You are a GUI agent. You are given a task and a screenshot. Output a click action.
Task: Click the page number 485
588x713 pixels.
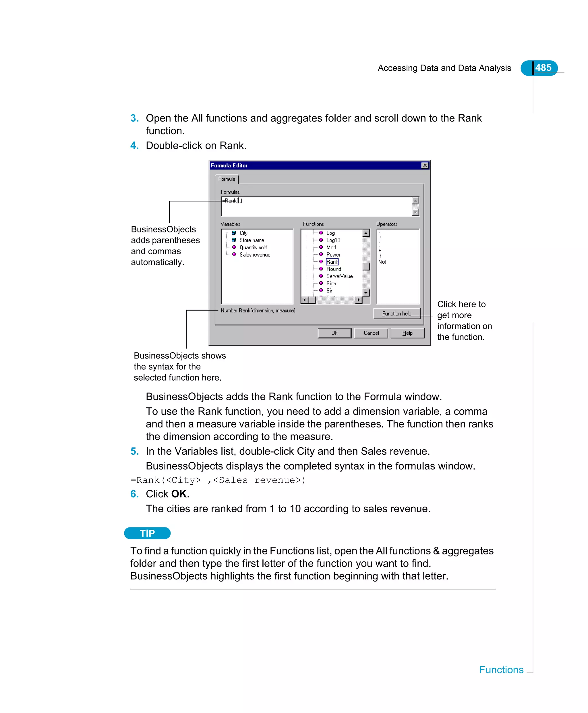pyautogui.click(x=543, y=68)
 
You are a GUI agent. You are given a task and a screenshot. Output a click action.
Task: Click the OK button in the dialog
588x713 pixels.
pyautogui.click(x=334, y=333)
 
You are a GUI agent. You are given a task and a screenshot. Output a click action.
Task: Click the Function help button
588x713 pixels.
pyautogui.click(x=396, y=313)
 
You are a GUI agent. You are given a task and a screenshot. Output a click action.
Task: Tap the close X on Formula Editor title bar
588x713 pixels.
pyautogui.click(x=425, y=165)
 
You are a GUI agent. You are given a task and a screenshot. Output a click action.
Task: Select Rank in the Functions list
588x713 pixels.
pyautogui.click(x=332, y=262)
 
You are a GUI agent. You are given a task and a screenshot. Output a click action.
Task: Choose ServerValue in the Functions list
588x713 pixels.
pyautogui.click(x=339, y=276)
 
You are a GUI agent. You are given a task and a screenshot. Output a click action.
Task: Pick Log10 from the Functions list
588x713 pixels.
pyautogui.click(x=333, y=240)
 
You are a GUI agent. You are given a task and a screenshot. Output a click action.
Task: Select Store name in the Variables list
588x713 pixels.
pyautogui.click(x=252, y=240)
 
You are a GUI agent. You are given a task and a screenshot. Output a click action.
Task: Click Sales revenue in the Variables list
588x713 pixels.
pyautogui.click(x=255, y=255)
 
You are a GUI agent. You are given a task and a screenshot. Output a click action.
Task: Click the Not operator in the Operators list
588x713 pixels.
pyautogui.click(x=382, y=262)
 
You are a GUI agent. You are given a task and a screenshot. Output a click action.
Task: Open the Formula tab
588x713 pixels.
pyautogui.click(x=227, y=179)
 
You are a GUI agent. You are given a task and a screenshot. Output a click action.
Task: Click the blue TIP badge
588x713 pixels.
pyautogui.click(x=147, y=533)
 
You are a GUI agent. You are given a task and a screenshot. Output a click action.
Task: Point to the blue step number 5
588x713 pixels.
pyautogui.click(x=134, y=451)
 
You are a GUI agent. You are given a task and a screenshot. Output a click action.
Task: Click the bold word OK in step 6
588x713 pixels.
pyautogui.click(x=179, y=494)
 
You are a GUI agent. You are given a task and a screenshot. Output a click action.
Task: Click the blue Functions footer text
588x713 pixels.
pyautogui.click(x=501, y=670)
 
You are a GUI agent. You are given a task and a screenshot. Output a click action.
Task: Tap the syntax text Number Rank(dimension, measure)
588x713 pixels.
pyautogui.click(x=258, y=311)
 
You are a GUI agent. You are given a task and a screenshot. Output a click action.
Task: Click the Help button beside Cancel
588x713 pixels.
pyautogui.click(x=407, y=333)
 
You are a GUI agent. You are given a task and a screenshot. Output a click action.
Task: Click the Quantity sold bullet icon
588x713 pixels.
pyautogui.click(x=234, y=247)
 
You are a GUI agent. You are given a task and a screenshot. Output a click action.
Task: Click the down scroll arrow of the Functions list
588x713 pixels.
pyautogui.click(x=366, y=292)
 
